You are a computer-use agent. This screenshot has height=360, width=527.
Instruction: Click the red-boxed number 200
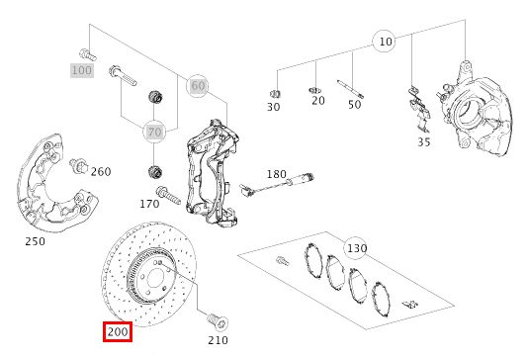tap(118, 332)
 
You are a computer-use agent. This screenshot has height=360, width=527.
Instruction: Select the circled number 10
tap(386, 42)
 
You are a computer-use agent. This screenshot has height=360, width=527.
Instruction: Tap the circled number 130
tap(357, 248)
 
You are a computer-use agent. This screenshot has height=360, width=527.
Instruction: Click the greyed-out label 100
tap(82, 70)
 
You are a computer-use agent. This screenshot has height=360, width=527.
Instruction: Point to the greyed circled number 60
tap(198, 86)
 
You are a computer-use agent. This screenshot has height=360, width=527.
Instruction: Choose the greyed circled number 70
tap(154, 132)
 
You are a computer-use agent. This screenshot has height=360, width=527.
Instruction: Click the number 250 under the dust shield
tap(35, 241)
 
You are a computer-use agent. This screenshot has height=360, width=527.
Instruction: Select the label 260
tap(101, 172)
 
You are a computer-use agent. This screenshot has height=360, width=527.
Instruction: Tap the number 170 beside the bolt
tap(149, 204)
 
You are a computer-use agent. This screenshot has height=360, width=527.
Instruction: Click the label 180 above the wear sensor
tap(277, 174)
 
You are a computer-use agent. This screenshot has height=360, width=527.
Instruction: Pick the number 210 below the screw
tap(218, 340)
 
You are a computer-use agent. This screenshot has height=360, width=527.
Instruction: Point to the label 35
tap(424, 141)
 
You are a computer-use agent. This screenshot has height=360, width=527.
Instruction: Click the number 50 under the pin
tap(354, 105)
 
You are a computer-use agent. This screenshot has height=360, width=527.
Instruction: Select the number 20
tap(318, 101)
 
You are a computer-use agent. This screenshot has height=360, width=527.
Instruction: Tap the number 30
tap(273, 107)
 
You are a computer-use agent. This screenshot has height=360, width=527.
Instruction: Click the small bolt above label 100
tap(88, 54)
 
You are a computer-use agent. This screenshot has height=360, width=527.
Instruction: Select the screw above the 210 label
tap(218, 320)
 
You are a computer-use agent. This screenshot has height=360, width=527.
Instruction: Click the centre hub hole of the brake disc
tap(154, 279)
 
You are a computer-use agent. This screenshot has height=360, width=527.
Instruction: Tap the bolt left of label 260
tap(78, 166)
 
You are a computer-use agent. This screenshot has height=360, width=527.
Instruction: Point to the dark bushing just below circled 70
tap(155, 172)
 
